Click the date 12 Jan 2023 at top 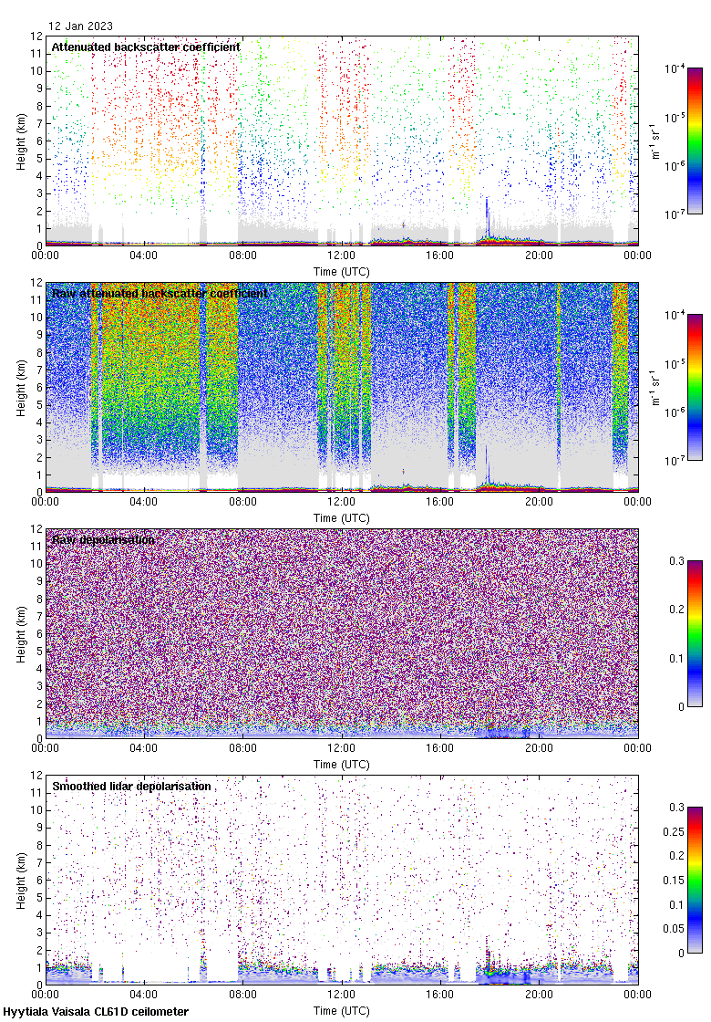(80, 26)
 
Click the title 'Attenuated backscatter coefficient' (146, 47)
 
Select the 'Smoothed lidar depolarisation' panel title (131, 786)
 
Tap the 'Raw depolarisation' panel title (103, 539)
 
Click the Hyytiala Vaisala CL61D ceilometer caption (96, 1012)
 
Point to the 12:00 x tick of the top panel (342, 255)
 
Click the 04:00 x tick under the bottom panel (144, 995)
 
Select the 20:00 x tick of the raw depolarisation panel (539, 748)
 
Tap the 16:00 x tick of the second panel (440, 502)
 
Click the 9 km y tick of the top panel (37, 89)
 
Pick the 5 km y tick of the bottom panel (37, 896)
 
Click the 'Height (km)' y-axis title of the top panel (20, 141)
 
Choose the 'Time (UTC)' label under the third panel (342, 763)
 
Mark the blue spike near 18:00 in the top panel (487, 214)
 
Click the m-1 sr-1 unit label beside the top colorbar (658, 141)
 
